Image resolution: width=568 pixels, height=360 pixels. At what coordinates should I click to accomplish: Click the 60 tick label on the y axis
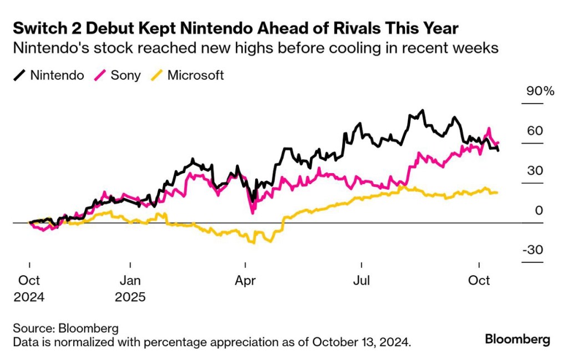click(535, 131)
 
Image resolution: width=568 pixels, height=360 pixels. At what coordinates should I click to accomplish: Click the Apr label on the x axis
click(245, 281)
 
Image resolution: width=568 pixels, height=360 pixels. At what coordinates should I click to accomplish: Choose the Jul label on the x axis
click(361, 281)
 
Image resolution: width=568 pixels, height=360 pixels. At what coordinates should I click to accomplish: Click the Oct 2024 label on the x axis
click(29, 288)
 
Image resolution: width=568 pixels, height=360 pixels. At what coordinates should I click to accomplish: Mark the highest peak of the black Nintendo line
click(423, 110)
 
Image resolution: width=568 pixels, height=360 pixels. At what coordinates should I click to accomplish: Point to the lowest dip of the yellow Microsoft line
click(254, 243)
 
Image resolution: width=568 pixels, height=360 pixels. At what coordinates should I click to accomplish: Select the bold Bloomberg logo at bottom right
click(518, 339)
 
